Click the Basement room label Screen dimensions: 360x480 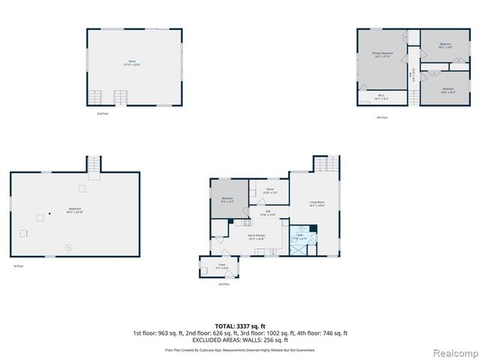click(x=74, y=209)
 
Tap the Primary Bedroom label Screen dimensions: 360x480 click(x=382, y=54)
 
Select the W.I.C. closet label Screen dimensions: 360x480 click(x=381, y=96)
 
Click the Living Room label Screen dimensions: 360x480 click(x=316, y=203)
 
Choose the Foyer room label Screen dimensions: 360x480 click(x=222, y=265)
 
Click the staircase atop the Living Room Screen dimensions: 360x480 click(x=325, y=164)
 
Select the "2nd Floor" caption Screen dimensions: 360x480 click(x=103, y=113)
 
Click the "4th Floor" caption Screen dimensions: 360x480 click(x=382, y=117)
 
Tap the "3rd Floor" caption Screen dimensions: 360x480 click(x=223, y=284)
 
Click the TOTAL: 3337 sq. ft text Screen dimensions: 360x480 click(x=239, y=325)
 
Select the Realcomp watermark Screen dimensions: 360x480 click(x=456, y=352)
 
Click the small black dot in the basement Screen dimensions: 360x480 click(x=49, y=214)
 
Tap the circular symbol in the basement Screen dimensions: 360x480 click(x=68, y=247)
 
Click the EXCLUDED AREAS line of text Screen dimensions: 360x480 click(x=239, y=340)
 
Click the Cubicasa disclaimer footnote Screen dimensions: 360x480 click(x=239, y=350)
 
